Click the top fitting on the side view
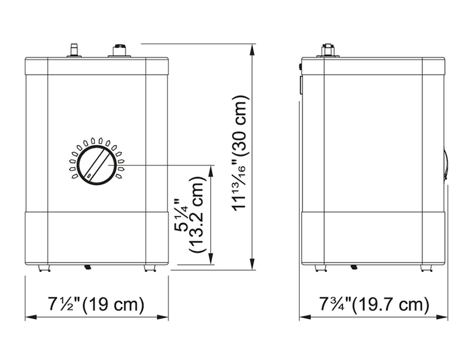[328, 50]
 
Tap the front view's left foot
[44, 268]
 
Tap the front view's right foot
[149, 268]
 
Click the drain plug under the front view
[88, 267]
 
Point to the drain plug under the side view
[354, 267]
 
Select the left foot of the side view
[321, 268]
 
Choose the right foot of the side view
[426, 268]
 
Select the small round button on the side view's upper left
[300, 67]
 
